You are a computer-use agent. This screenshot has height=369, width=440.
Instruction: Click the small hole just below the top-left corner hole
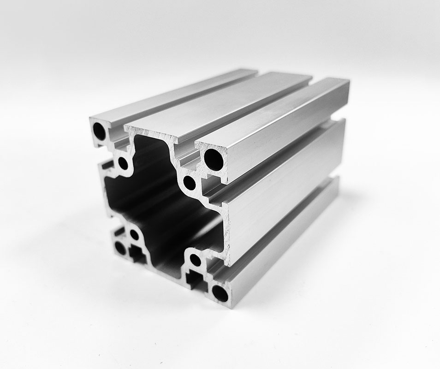[123, 163]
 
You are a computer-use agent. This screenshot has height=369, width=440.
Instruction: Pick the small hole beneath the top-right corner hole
[190, 183]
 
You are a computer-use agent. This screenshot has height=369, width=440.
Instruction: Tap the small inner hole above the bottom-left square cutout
[134, 234]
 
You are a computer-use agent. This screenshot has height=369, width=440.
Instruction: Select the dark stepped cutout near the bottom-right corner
[196, 279]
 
